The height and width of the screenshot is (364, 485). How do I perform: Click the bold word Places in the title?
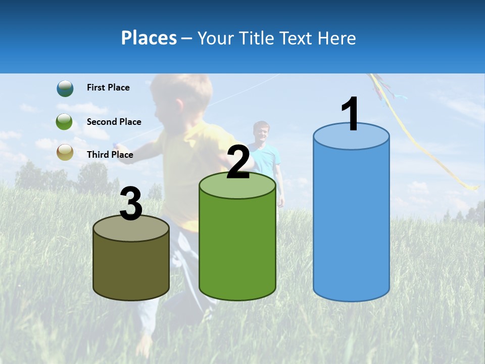[149, 38]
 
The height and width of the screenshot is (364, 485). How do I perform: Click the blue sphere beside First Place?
[65, 88]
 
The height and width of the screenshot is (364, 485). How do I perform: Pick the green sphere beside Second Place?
[65, 122]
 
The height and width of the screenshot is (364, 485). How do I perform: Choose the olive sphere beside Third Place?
[65, 152]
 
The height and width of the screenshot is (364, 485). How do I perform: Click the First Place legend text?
[108, 87]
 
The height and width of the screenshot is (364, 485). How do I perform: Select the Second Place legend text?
[114, 122]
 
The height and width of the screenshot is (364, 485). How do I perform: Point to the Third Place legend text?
[110, 155]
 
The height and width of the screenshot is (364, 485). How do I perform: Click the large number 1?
[350, 114]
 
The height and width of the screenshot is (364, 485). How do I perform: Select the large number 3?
[131, 204]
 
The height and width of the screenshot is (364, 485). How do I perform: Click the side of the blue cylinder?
[351, 222]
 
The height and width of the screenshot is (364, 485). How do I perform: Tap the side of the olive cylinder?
[131, 268]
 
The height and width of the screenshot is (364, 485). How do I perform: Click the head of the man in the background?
[261, 131]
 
